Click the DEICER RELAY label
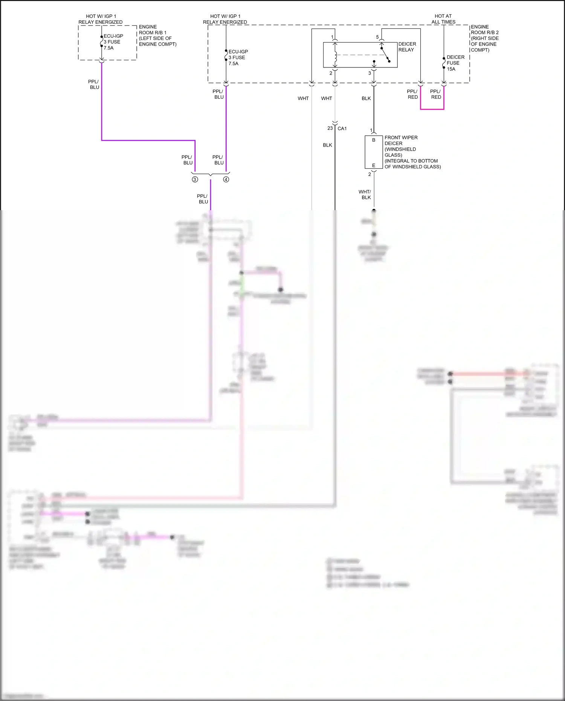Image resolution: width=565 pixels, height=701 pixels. pos(407,47)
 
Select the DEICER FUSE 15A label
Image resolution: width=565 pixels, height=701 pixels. pos(455,63)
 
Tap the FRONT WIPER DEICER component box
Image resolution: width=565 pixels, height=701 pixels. pos(374,152)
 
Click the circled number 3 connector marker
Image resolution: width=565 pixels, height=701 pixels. pos(195,180)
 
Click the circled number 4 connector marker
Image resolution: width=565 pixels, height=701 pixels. pos(226,180)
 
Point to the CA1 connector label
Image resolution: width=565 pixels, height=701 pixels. pos(342,128)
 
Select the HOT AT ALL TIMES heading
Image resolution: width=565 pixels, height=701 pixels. pos(443,19)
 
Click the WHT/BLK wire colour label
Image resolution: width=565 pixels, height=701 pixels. pos(365,194)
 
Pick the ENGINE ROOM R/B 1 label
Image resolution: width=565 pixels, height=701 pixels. pos(157,35)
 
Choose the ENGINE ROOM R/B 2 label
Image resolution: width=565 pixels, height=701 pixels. pos(484,38)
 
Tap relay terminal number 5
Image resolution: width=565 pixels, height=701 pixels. pos(377,37)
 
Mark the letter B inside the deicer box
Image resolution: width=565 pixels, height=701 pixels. pos(374,140)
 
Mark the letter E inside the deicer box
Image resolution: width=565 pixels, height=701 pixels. pos(374,165)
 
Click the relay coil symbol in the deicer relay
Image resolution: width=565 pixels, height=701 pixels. pos(335,55)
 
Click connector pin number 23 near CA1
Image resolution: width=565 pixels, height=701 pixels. pos(330,128)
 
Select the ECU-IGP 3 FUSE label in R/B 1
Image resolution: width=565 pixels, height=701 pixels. pos(113,42)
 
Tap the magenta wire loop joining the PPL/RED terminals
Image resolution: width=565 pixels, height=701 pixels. pos(432,109)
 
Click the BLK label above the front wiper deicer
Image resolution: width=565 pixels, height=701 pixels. pos(366,98)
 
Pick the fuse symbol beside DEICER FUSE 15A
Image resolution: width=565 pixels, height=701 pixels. pos(444,63)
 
